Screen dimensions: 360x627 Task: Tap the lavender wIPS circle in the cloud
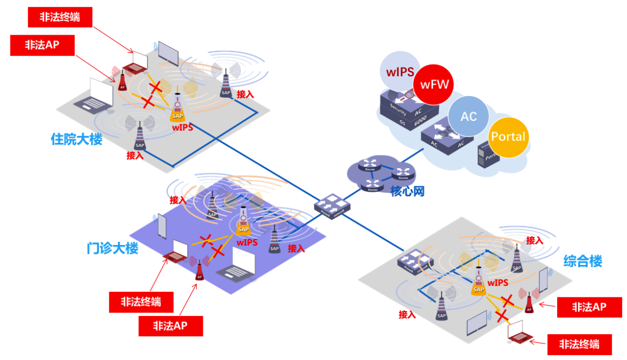tap(400, 72)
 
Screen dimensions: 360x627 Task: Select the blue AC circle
tap(468, 117)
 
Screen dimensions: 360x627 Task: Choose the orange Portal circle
tap(508, 137)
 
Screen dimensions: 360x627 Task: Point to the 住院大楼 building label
tap(76, 139)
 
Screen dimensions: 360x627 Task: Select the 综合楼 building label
tap(582, 261)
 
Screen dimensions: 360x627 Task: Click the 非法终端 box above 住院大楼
tap(59, 17)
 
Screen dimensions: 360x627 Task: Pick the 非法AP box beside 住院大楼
tap(42, 45)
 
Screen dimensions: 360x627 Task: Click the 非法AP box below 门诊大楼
tap(170, 326)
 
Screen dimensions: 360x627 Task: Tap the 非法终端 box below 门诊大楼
tap(142, 302)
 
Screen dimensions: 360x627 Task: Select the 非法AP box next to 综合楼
tap(589, 307)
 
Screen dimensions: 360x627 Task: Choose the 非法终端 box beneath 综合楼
tap(579, 345)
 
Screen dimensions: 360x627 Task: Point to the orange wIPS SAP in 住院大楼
tap(177, 108)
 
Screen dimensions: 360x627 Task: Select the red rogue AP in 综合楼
tap(529, 302)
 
